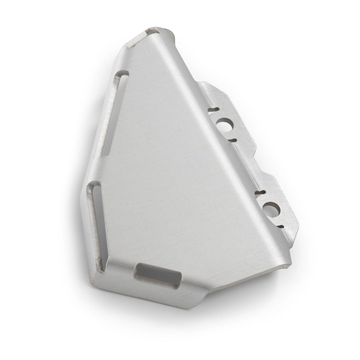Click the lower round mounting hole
271,209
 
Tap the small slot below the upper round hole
232,140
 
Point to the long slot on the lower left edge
97,225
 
